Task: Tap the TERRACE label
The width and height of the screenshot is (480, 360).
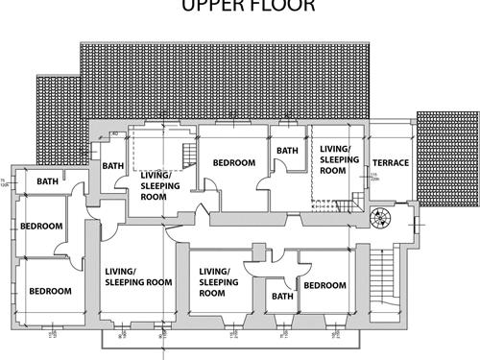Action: coord(391,163)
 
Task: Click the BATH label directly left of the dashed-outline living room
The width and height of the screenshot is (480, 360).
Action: coord(113,166)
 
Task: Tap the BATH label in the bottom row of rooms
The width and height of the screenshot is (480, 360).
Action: coord(282,297)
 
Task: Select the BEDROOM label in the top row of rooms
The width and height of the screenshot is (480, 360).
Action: coord(234,163)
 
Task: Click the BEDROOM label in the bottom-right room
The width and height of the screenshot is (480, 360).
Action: coord(324,285)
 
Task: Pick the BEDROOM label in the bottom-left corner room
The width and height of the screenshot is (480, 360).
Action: coord(49,291)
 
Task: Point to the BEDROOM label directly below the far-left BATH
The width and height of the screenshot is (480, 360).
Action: coord(41,227)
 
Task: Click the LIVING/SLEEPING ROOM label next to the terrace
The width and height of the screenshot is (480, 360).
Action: coord(334,158)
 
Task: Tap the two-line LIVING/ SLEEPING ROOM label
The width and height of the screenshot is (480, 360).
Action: coord(138,277)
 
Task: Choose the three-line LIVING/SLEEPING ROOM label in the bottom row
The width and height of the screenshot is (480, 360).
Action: coord(219,282)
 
